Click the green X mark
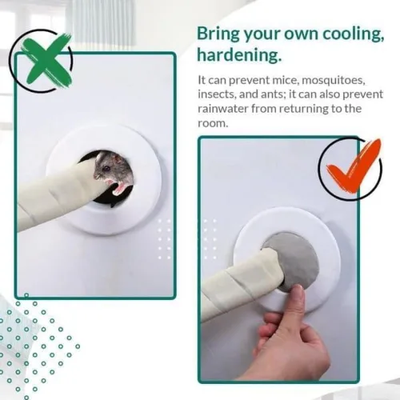click(47, 61)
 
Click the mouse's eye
click(106, 169)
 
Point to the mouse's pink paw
click(119, 187)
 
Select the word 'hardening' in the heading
click(239, 55)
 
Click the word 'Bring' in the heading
click(218, 34)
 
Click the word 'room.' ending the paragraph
click(213, 123)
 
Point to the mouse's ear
click(116, 159)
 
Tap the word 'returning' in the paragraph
click(302, 109)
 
